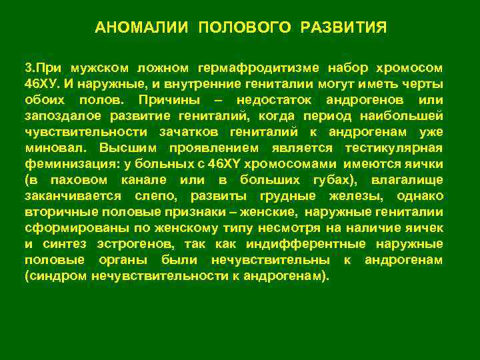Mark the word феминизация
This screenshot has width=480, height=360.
(64, 163)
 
